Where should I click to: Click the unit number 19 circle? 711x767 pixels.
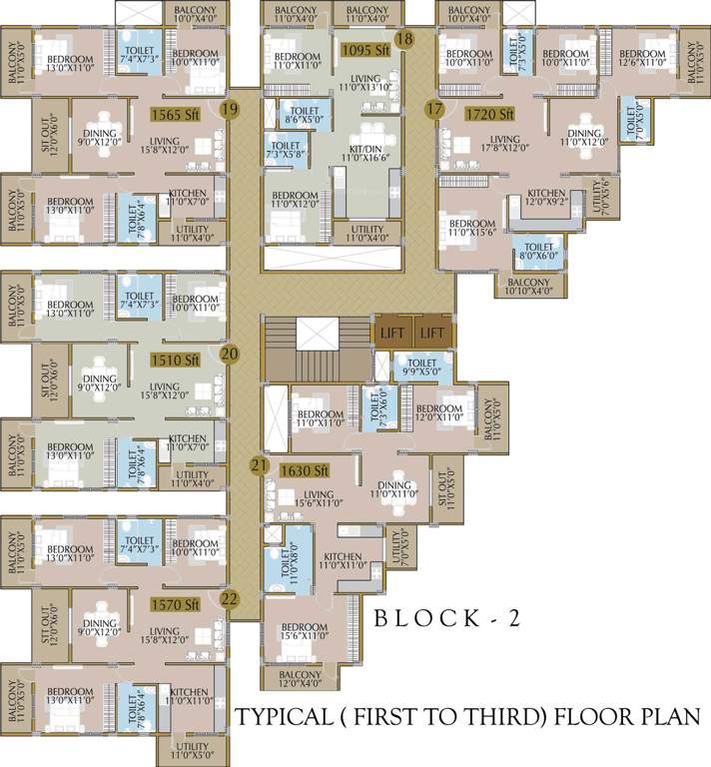tap(230, 108)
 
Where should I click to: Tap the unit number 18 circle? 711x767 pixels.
tap(403, 39)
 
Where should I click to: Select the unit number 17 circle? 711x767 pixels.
tap(434, 108)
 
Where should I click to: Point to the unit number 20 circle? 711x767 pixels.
tap(230, 354)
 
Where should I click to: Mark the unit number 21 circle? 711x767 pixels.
tap(260, 465)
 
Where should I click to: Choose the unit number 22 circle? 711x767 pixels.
tap(230, 599)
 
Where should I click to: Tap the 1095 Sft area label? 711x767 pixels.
tap(363, 49)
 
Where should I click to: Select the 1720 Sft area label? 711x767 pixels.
tap(489, 115)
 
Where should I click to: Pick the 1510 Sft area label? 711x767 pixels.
tap(176, 360)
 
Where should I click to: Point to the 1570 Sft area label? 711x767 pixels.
tap(176, 604)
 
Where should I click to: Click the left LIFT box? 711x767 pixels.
tap(391, 333)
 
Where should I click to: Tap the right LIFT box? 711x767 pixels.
tap(432, 333)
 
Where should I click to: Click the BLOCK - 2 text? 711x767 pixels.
tap(446, 618)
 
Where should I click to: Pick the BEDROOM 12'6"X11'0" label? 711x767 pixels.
tap(639, 60)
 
